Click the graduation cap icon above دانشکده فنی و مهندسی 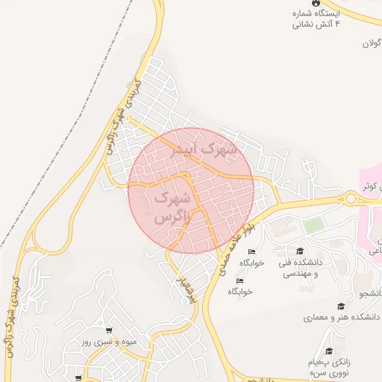tap(300, 251)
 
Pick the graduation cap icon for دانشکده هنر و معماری tap(341, 307)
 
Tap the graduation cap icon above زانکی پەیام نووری tap(329, 351)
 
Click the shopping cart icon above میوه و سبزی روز tap(109, 331)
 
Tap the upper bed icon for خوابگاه tap(252, 251)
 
